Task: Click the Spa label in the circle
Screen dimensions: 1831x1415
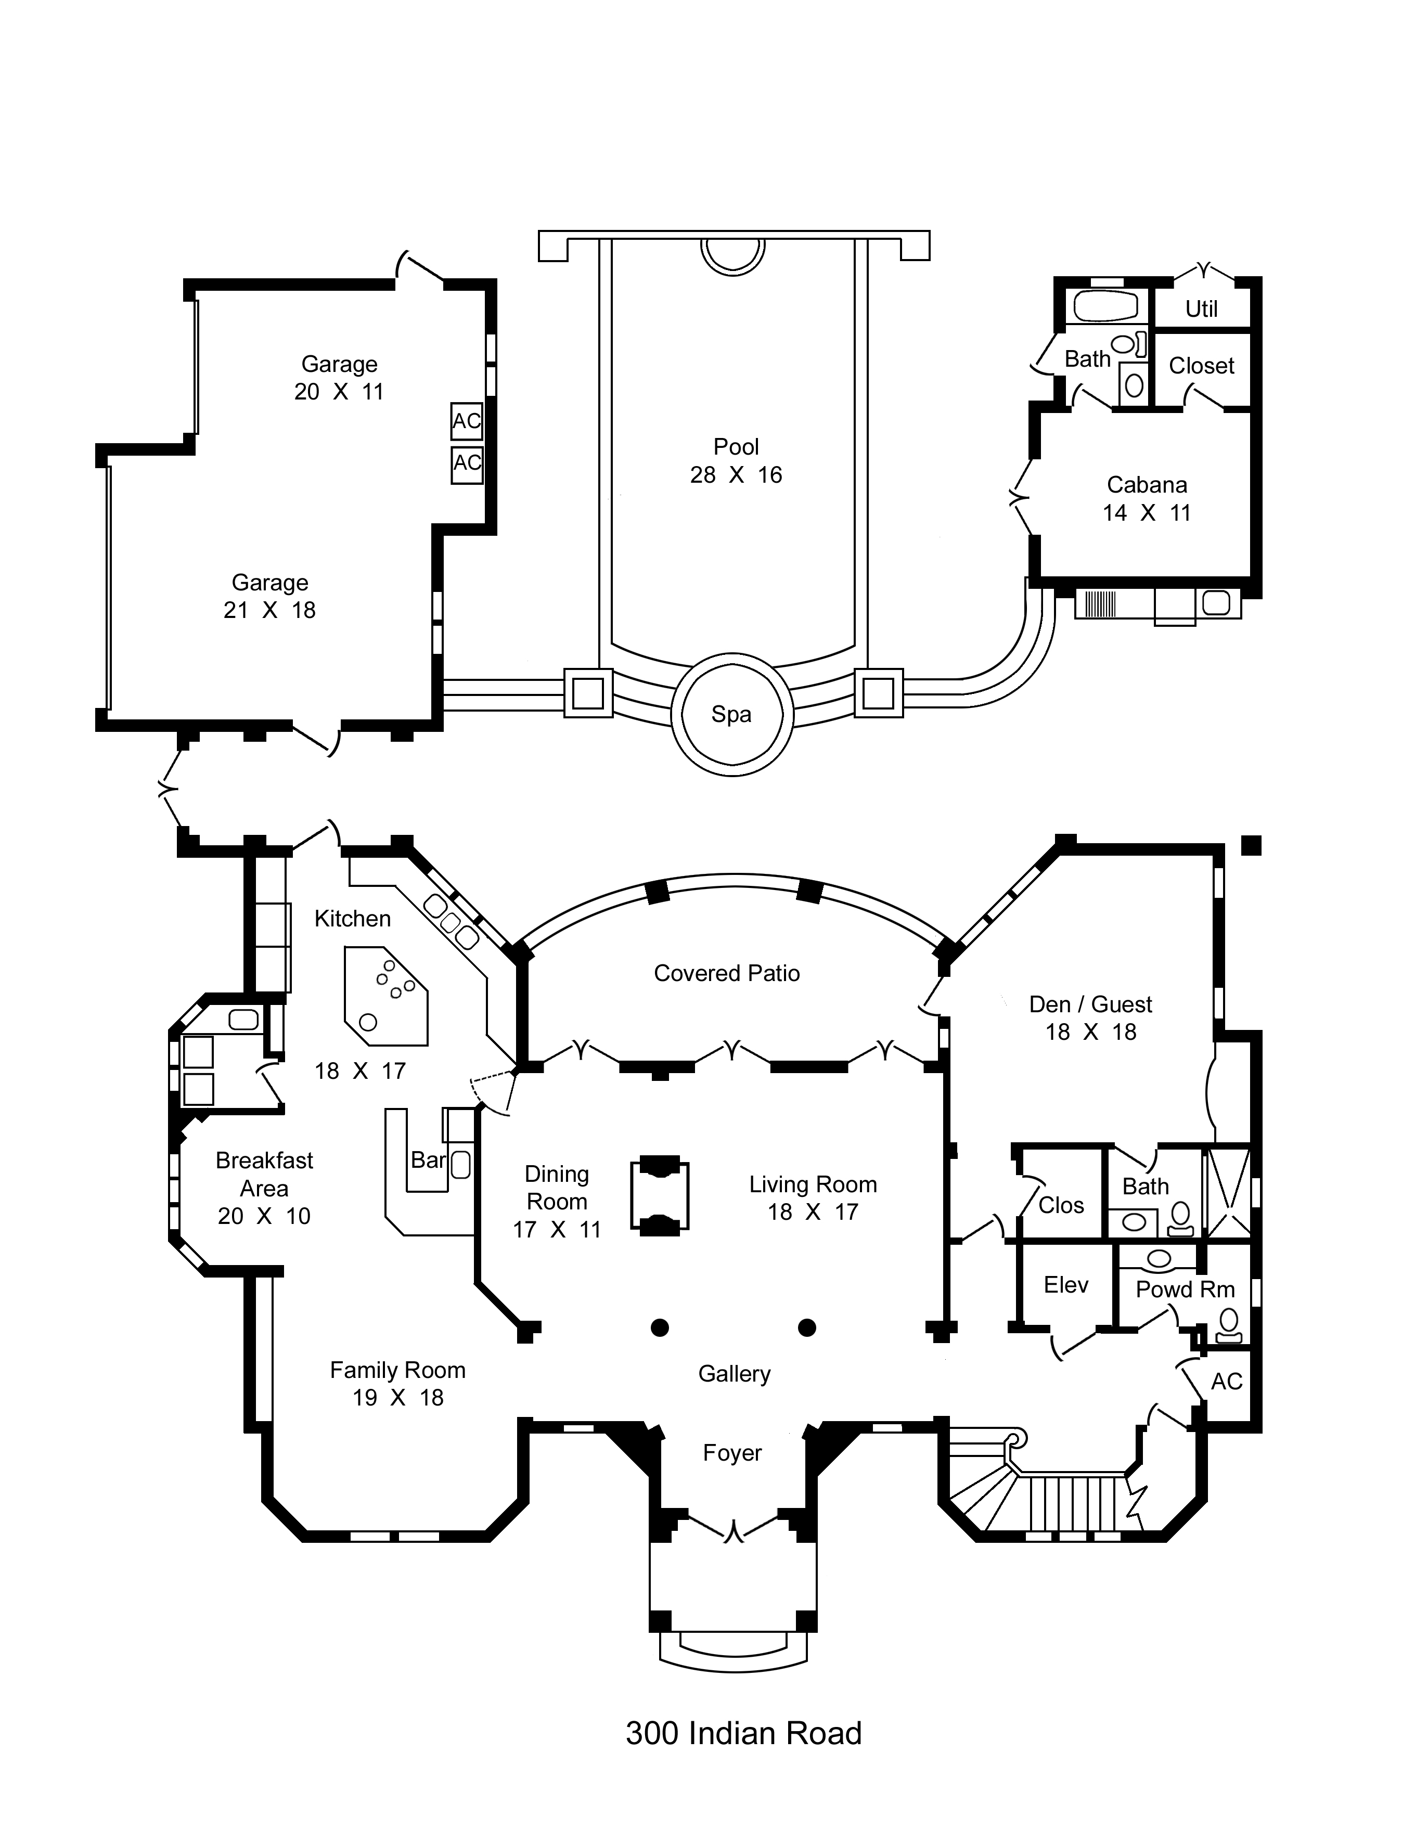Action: pyautogui.click(x=731, y=714)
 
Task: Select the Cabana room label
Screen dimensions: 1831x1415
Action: pyautogui.click(x=1147, y=485)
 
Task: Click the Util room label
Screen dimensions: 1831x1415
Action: pyautogui.click(x=1201, y=308)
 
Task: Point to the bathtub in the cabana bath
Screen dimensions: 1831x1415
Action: pyautogui.click(x=1105, y=306)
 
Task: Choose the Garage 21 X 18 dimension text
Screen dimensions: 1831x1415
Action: pyautogui.click(x=270, y=610)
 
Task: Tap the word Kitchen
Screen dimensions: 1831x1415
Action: pyautogui.click(x=352, y=919)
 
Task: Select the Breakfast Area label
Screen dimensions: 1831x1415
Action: pyautogui.click(x=264, y=1174)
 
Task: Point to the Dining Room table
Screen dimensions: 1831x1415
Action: pyautogui.click(x=660, y=1195)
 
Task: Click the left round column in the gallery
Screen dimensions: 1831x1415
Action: pyautogui.click(x=660, y=1327)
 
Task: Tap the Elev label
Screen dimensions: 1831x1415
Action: pyautogui.click(x=1065, y=1284)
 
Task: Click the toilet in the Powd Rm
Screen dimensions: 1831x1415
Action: pyautogui.click(x=1229, y=1325)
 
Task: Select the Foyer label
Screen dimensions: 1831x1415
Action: pyautogui.click(x=732, y=1453)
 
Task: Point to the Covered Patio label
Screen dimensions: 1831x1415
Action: pyautogui.click(x=727, y=973)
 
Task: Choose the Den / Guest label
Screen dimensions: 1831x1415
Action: pyautogui.click(x=1090, y=1004)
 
